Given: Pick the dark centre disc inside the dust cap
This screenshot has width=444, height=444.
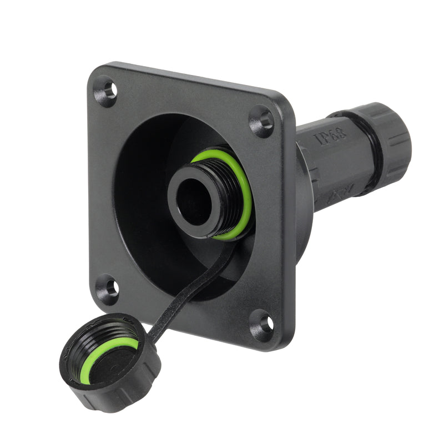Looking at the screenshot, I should coord(111,361).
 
